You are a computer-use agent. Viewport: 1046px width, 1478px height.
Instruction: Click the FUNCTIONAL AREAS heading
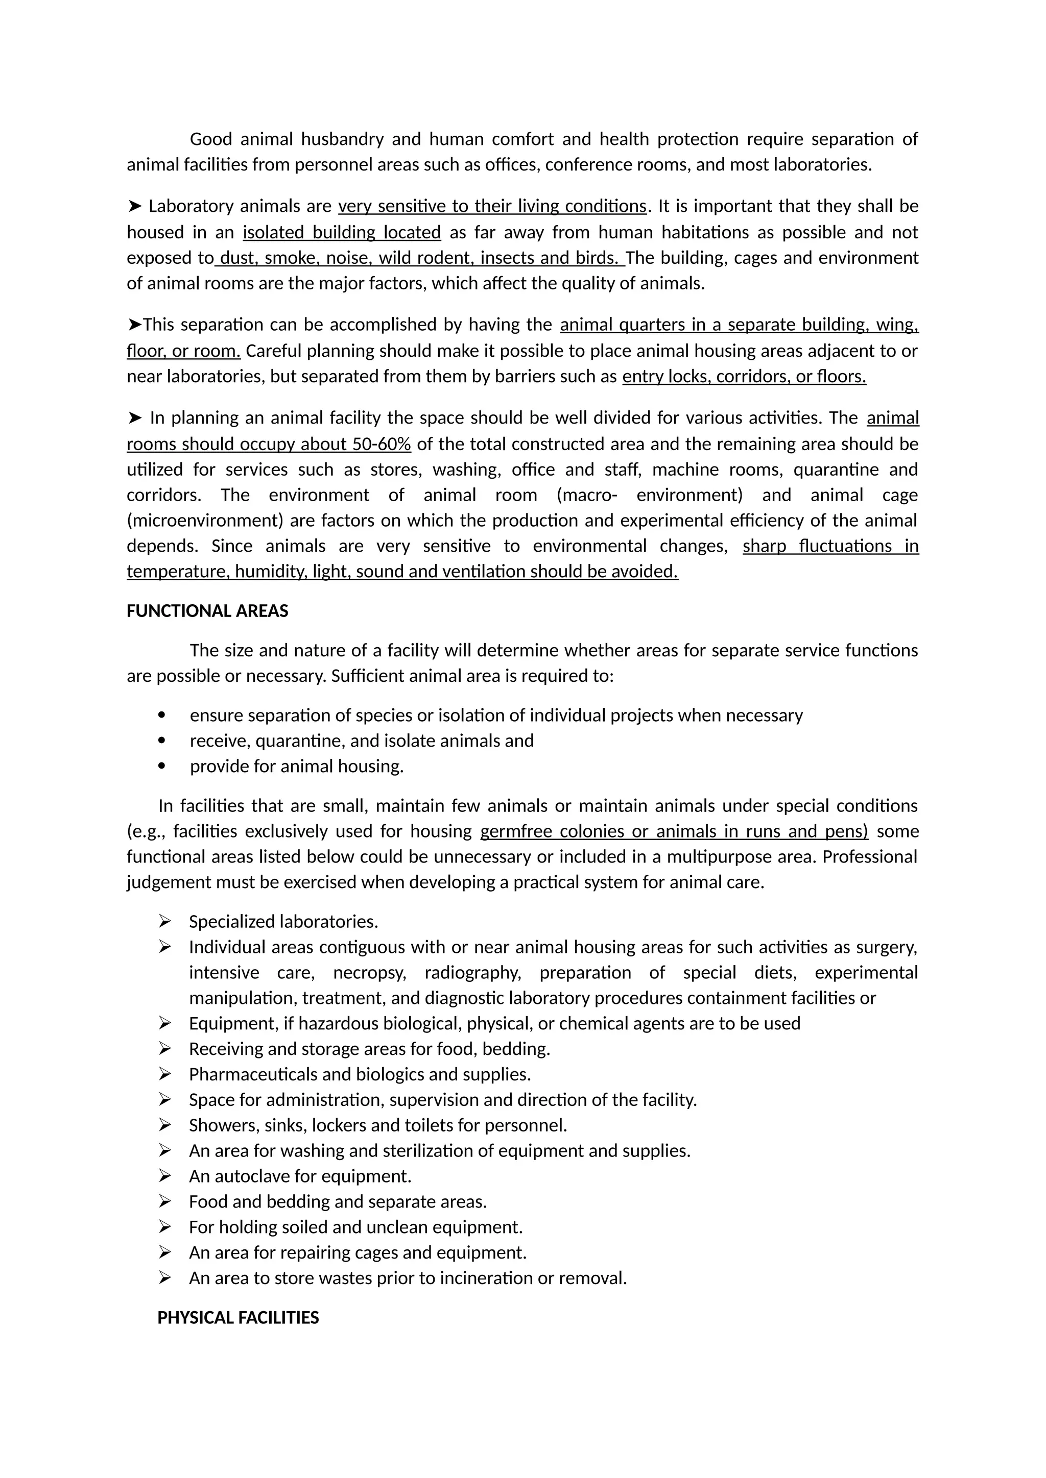click(207, 611)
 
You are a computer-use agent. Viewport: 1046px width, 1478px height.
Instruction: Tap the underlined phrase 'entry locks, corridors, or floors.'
click(744, 377)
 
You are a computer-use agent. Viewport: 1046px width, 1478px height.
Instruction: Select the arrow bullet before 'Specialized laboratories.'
click(165, 922)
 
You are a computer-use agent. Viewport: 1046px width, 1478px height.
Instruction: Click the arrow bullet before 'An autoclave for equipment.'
click(165, 1176)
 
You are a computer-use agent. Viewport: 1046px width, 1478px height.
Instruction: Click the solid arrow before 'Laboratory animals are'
click(135, 206)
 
